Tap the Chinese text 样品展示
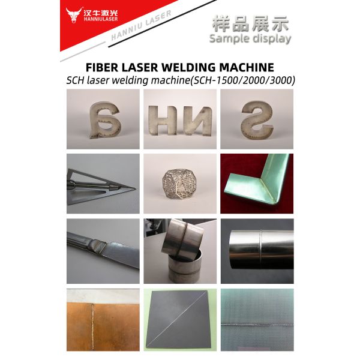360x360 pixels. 250,24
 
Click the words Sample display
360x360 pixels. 250,38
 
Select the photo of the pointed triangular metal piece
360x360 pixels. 103,183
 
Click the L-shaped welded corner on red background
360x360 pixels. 257,183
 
